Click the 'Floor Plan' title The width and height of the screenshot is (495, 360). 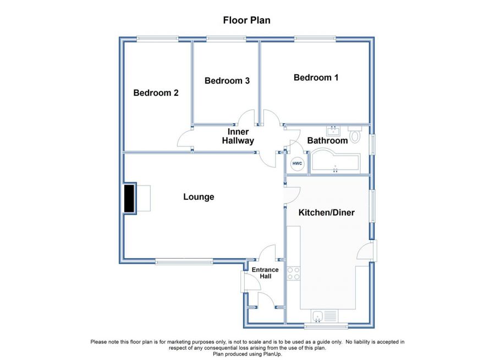point(246,20)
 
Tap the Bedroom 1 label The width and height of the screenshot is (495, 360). point(316,78)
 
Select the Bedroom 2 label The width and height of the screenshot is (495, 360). point(156,92)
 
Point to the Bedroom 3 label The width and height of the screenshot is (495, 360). point(227,80)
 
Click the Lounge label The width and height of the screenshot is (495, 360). point(199,197)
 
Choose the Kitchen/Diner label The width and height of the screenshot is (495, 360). point(326,212)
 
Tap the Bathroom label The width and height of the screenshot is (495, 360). point(327,140)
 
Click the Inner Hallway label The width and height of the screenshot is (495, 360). point(238,136)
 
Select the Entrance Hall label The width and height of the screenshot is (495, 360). point(265,273)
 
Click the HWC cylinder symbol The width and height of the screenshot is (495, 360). point(297,163)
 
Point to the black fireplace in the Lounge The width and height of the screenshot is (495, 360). point(129,199)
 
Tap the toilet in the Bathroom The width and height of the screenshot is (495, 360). point(355,134)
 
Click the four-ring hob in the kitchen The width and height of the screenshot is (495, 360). point(294,274)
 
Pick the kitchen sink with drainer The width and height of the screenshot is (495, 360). point(324,316)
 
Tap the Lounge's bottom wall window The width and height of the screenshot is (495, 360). point(184,261)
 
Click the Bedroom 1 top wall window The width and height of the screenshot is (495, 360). point(315,39)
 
